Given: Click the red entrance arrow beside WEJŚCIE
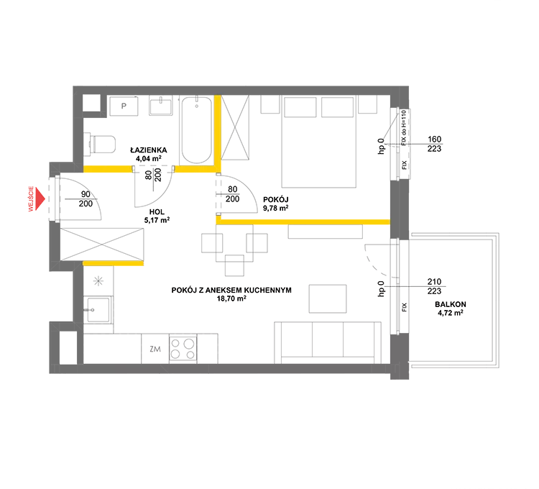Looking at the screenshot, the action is coord(40,198).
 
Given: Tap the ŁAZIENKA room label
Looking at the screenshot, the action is coord(149,150).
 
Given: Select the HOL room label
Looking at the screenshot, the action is coord(157,212).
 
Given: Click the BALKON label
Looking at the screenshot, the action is coord(451,304).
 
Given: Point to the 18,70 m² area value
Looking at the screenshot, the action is coord(231,298).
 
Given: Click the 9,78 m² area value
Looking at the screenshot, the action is coord(275,208).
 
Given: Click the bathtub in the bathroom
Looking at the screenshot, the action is coord(197,130).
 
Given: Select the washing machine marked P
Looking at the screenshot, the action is coord(124,106).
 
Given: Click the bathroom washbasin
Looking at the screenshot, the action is coord(160,106).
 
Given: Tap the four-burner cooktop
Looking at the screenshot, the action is coord(183,348).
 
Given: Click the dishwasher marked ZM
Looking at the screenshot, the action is coord(155,349).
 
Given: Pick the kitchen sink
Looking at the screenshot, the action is coord(98,309).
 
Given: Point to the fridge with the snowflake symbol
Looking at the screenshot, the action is coord(98,281).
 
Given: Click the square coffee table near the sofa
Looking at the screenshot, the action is coord(327,298).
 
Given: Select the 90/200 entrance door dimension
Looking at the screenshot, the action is coord(86,199).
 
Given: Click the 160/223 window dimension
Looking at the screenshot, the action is coord(434,144).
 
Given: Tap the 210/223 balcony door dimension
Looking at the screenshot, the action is coord(434,286).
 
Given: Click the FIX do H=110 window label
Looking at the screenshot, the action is coord(404,128).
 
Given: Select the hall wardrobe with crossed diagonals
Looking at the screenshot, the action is coord(102,244).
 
